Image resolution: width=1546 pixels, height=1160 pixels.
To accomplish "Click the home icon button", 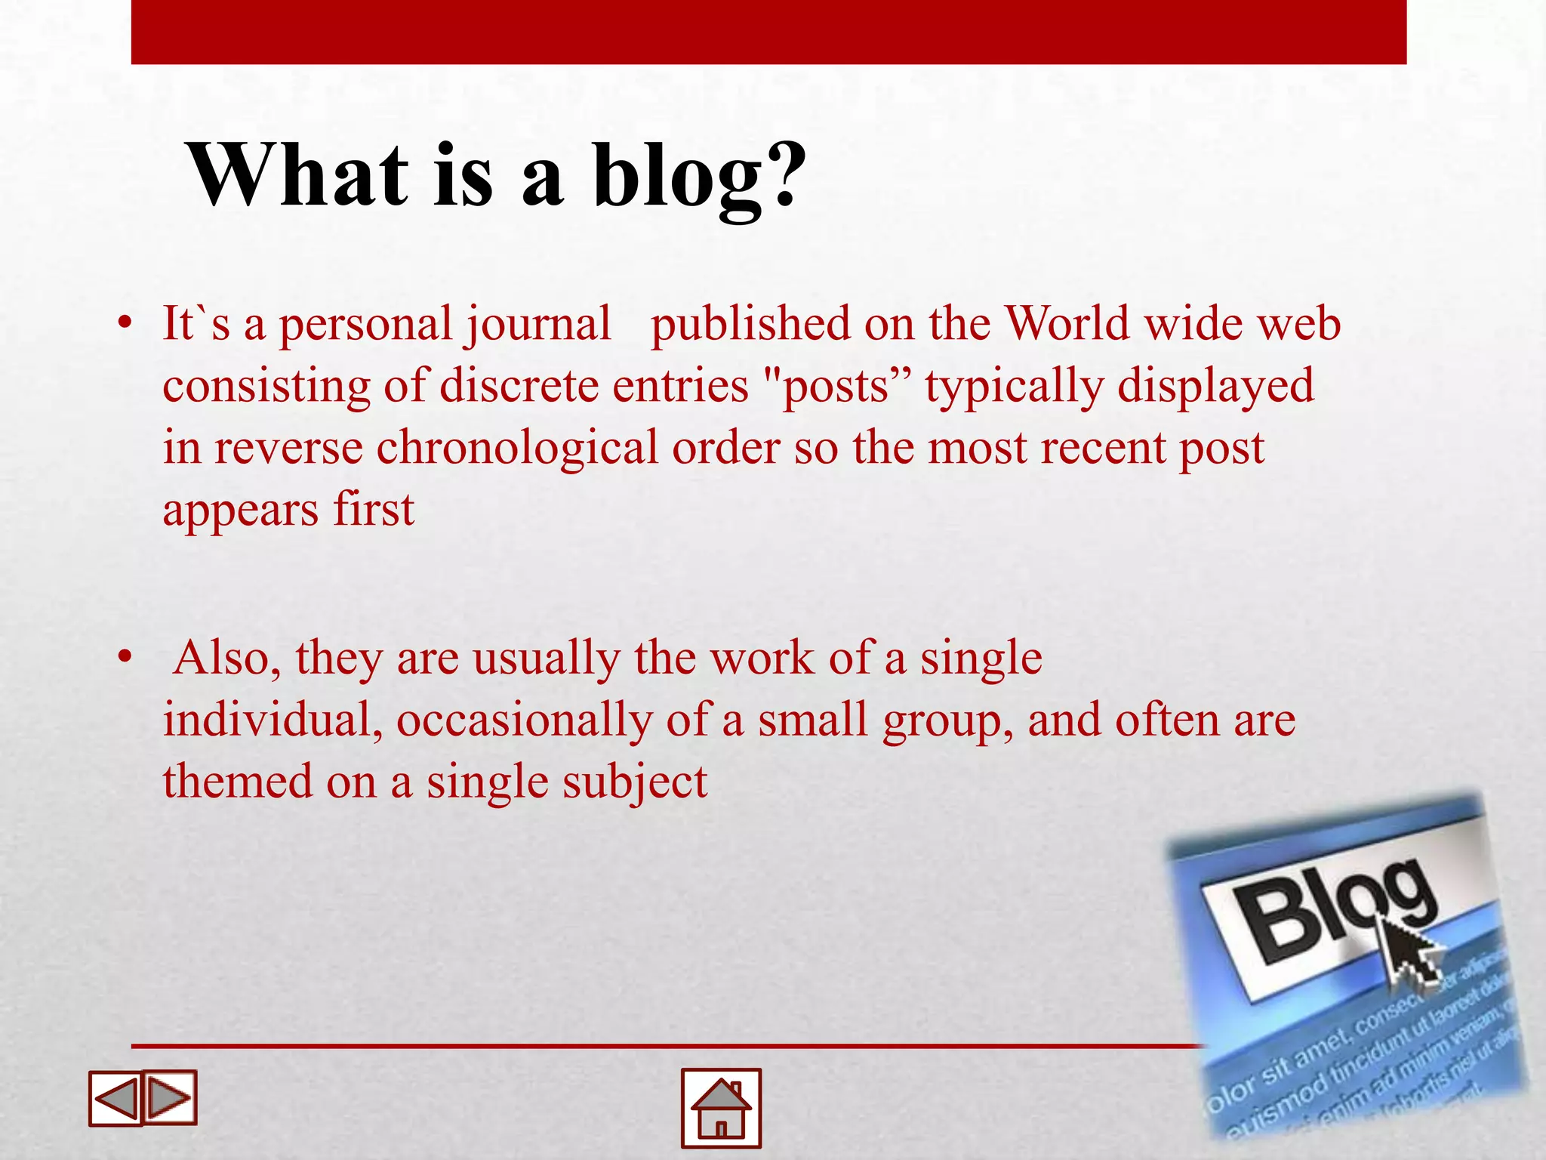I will tap(721, 1108).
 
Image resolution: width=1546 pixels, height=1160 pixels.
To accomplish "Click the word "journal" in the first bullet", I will tap(537, 325).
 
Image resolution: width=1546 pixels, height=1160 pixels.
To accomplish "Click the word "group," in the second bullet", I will tap(948, 721).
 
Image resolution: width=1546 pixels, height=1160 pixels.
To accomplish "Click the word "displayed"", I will tap(1215, 387).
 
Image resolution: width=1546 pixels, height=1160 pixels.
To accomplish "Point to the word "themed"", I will tap(237, 782).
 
